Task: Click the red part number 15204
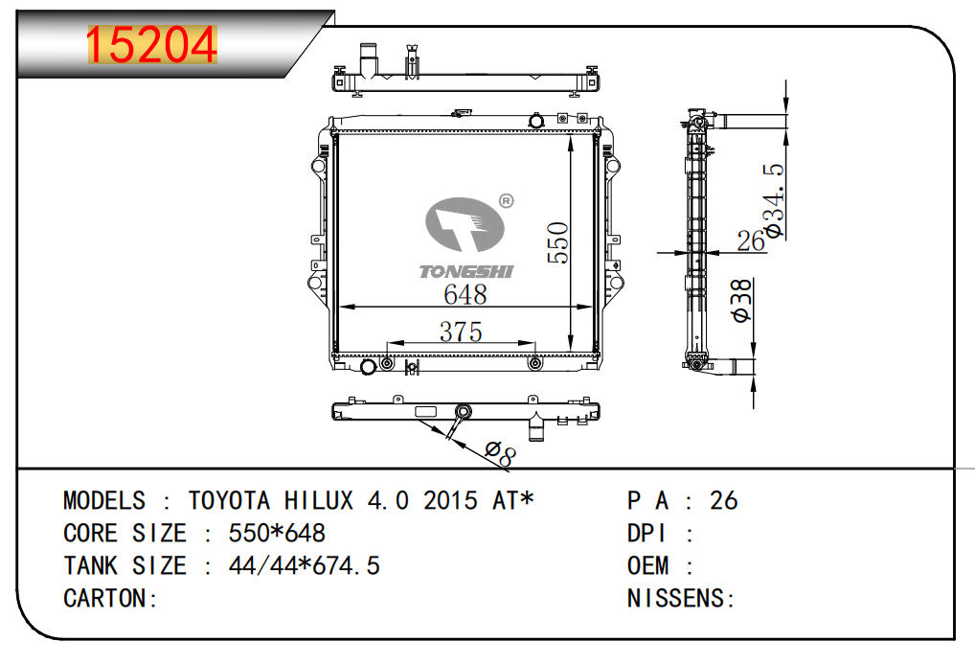pos(151,45)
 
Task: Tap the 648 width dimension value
pos(465,294)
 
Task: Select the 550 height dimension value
pos(557,242)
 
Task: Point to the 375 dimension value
pos(461,332)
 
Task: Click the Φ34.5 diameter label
pos(775,200)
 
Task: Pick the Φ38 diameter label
pos(741,301)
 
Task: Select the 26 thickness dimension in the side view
pos(751,240)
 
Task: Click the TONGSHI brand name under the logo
pos(466,271)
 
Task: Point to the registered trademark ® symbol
pos(506,201)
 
